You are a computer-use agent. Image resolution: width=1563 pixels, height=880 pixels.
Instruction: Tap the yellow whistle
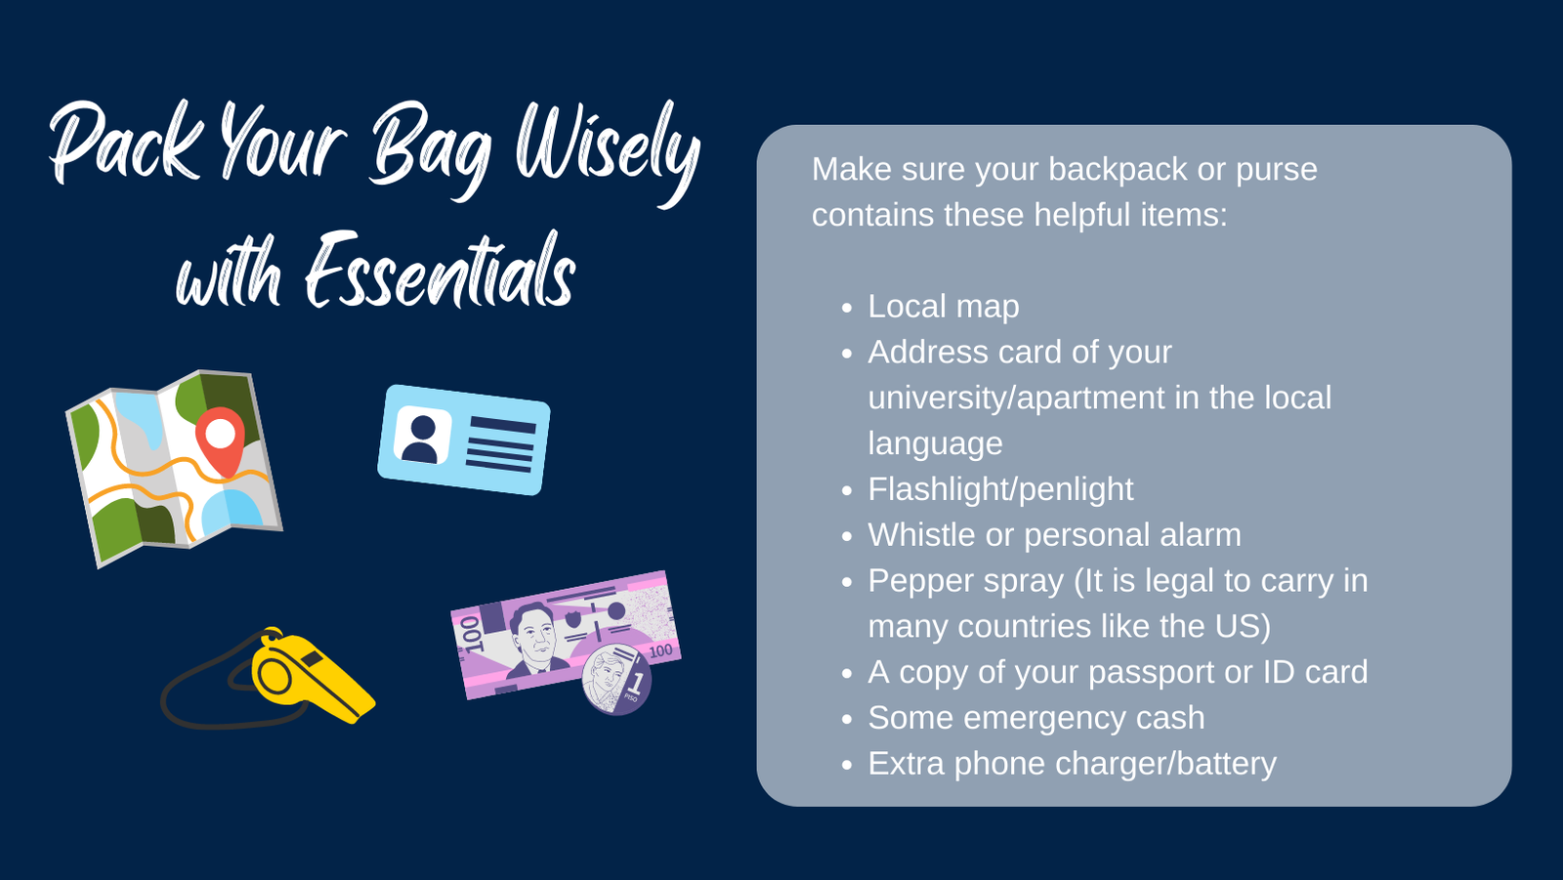[311, 676]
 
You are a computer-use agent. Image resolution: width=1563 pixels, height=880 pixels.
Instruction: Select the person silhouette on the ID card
[421, 439]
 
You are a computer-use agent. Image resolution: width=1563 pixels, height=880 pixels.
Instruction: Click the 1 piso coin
[616, 680]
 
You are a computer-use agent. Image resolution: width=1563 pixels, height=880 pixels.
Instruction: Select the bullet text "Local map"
[944, 307]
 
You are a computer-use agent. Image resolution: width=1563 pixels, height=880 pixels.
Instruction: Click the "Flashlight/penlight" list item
[1000, 489]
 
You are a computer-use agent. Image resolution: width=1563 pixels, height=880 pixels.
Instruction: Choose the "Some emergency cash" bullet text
[1036, 718]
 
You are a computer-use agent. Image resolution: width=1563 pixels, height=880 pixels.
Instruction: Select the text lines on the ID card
[500, 443]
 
